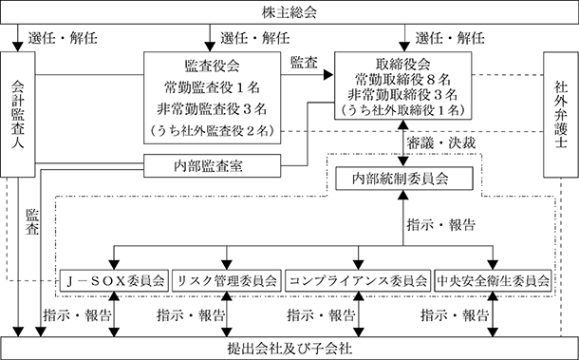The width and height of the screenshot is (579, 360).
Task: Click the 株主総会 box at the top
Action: pos(289,12)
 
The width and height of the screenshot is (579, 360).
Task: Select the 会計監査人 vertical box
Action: pos(18,114)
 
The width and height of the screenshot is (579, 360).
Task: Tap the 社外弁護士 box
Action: pos(561,114)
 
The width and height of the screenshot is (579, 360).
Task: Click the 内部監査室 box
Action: pos(212,165)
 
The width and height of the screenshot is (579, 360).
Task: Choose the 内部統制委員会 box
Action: pos(404,179)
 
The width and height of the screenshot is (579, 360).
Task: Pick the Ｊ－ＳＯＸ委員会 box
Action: pos(114,281)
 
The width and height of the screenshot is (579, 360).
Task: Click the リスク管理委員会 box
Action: pos(227,281)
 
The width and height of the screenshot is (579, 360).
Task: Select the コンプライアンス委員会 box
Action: pos(358,281)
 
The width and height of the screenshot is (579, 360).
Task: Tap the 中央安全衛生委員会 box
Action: pos(493,281)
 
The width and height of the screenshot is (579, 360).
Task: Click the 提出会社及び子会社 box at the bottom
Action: pos(289,349)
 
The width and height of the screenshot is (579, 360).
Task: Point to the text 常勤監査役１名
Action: pos(212,87)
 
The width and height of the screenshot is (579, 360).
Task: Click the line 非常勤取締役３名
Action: pos(402,95)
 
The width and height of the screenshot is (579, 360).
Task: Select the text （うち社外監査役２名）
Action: pos(212,130)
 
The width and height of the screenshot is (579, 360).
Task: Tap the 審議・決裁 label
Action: pos(441,143)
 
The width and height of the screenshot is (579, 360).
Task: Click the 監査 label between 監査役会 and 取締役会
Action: pos(304,63)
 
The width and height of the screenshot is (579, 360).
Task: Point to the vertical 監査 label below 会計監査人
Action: pos(32,221)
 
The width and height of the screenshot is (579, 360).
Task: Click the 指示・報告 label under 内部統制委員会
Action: pos(441,225)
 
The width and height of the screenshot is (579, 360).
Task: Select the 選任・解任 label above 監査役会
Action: pos(255,38)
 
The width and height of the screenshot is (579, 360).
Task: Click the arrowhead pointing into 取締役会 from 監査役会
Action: pos(328,75)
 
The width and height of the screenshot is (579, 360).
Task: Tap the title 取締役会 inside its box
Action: pos(402,65)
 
